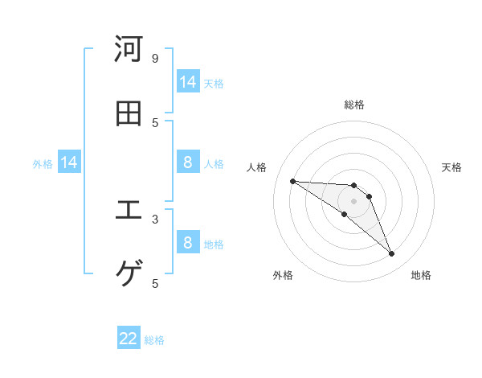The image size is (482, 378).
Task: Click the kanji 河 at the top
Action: coord(129,49)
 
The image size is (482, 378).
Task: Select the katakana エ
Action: coord(129,211)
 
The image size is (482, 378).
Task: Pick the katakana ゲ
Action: coord(129,274)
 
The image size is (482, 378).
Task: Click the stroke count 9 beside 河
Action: coord(155,58)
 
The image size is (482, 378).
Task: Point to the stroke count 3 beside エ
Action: coord(155,218)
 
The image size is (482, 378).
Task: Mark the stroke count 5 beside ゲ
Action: coord(155,283)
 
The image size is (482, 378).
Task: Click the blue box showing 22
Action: coord(129,339)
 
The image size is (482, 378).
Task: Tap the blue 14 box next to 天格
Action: coord(188,82)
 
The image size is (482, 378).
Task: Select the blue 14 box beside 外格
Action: coord(69,163)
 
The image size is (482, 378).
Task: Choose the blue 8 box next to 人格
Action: coord(188,163)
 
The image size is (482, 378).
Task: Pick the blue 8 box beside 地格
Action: coord(188,243)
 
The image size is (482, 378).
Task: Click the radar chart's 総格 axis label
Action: coord(354,105)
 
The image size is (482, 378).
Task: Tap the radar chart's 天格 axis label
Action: coord(452,167)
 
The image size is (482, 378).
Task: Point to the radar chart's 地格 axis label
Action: coord(421,275)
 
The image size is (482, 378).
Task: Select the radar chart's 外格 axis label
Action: coord(283,275)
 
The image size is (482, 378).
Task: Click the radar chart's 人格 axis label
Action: coord(257,167)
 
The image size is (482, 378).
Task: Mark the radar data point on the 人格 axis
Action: coord(292,181)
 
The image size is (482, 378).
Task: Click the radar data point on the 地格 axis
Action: coord(391,254)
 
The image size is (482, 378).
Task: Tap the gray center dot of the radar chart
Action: coord(353,201)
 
